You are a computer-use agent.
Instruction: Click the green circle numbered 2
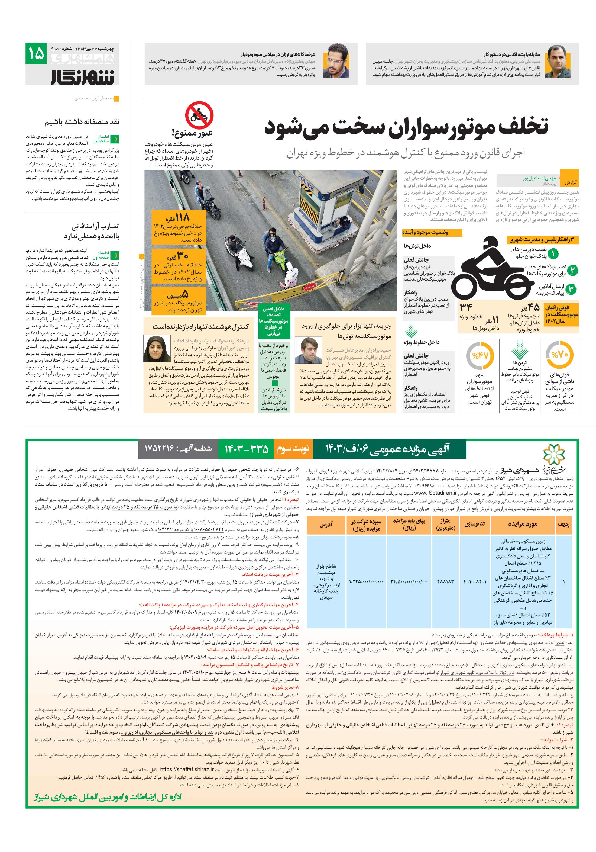pyautogui.click(x=572, y=270)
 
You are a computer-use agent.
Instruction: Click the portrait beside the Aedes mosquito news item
pyautogui.click(x=558, y=62)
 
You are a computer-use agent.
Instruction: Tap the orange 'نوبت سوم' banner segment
pyautogui.click(x=293, y=449)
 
